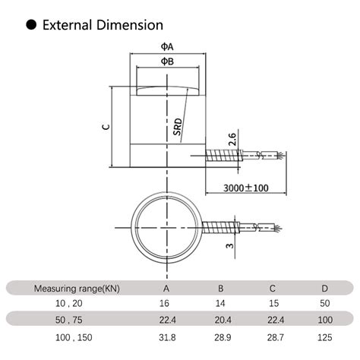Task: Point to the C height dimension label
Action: tap(106, 126)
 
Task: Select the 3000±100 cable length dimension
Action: tap(245, 188)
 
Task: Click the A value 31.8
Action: tap(166, 336)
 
